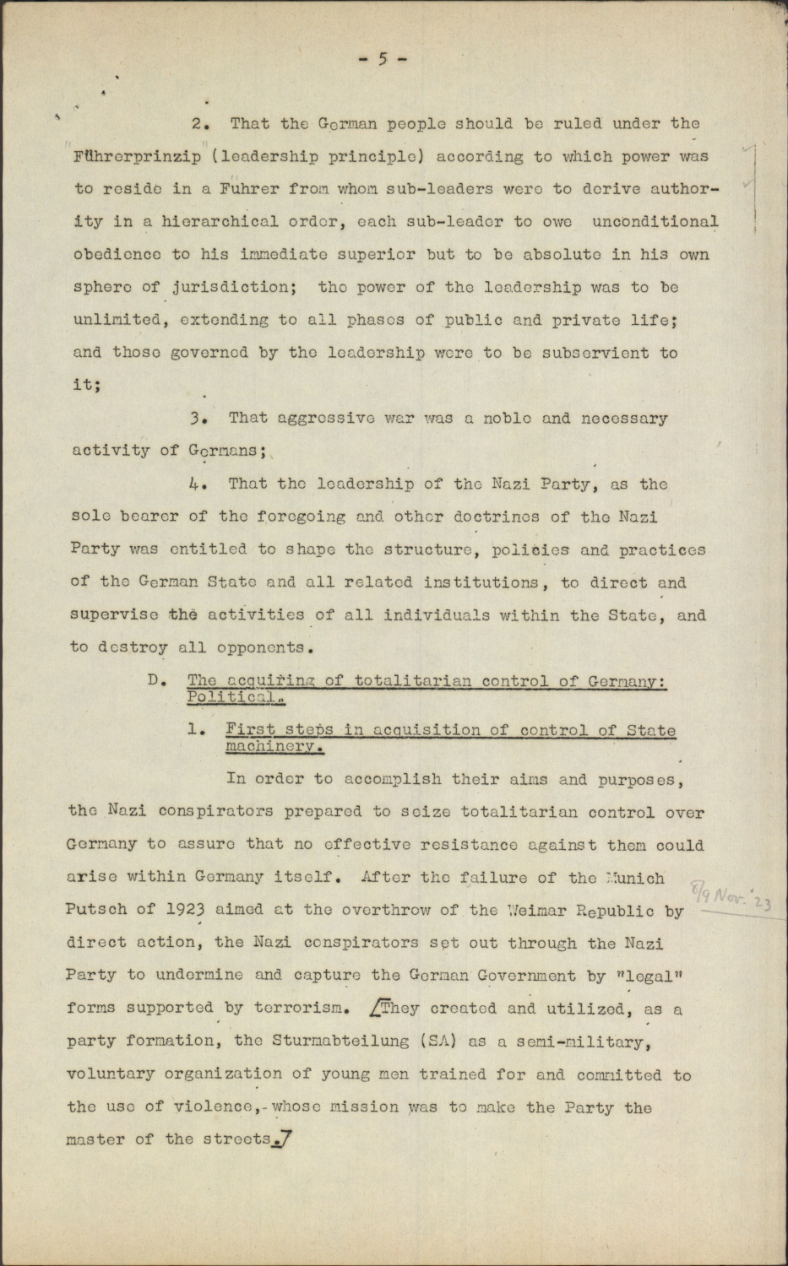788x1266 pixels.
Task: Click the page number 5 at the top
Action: pyautogui.click(x=383, y=58)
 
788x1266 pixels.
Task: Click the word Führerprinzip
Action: pyautogui.click(x=137, y=157)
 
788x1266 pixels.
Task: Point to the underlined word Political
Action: pyautogui.click(x=234, y=697)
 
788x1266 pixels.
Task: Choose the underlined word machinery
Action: pyautogui.click(x=274, y=747)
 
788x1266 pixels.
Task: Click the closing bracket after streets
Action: pyautogui.click(x=285, y=1139)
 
